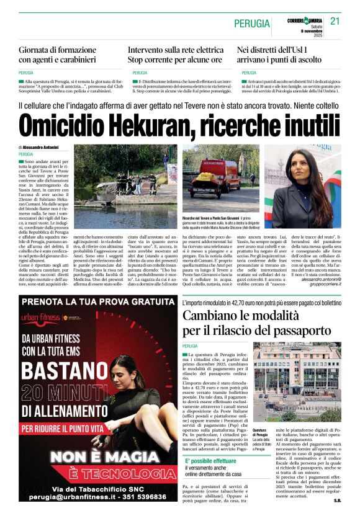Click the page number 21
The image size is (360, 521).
click(x=336, y=21)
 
